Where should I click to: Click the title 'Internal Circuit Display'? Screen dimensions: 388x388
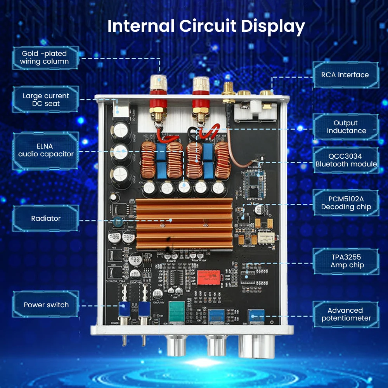pyautogui.click(x=206, y=26)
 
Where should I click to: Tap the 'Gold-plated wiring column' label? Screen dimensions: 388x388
pyautogui.click(x=45, y=57)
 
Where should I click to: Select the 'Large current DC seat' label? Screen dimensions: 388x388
pyautogui.click(x=46, y=100)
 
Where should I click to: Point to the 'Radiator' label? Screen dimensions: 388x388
pyautogui.click(x=46, y=218)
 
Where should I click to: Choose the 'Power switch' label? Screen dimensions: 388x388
pyautogui.click(x=46, y=305)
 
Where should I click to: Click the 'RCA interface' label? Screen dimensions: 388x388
pyautogui.click(x=345, y=75)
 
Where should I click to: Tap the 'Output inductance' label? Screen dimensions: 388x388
pyautogui.click(x=345, y=127)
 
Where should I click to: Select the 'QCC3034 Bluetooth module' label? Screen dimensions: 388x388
pyautogui.click(x=346, y=160)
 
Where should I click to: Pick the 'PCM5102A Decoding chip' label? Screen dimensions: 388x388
pyautogui.click(x=346, y=203)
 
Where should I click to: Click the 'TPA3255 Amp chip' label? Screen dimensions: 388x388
pyautogui.click(x=346, y=262)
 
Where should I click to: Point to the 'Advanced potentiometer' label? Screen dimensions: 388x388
pyautogui.click(x=346, y=314)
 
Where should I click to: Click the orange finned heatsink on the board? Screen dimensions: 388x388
pyautogui.click(x=185, y=223)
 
